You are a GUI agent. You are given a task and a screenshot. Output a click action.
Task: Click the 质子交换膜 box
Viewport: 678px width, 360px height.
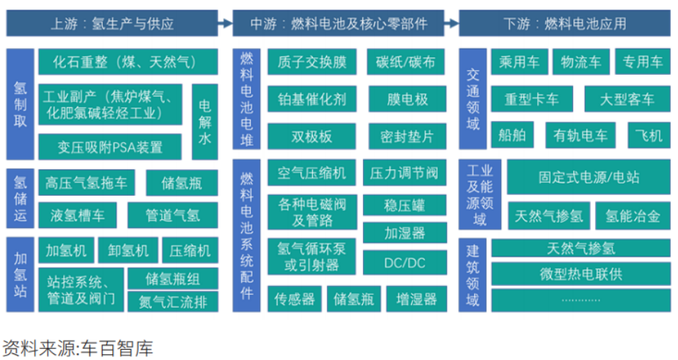pos(312,62)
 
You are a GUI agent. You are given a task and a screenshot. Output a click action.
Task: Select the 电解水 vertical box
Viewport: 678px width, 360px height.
pos(204,122)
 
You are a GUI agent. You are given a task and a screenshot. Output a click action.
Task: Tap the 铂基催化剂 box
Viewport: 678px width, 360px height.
pos(312,99)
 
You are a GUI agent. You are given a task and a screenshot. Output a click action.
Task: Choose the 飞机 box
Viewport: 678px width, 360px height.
pos(649,135)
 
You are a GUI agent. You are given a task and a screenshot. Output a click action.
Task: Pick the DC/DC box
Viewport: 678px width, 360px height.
pos(404,262)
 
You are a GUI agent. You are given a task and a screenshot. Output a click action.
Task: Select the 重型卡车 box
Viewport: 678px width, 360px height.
pos(531,99)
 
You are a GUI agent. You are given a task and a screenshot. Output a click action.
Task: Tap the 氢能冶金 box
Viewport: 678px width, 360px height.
pos(632,216)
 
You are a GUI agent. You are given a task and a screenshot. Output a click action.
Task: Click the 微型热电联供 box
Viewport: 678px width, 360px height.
pos(581,274)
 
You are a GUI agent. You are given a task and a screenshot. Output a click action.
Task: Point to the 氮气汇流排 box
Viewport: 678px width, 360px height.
pos(172,301)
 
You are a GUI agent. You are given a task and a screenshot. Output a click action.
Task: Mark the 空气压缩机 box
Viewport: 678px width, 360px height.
pos(312,173)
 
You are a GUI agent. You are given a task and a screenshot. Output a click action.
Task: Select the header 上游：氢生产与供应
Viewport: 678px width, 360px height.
pos(112,23)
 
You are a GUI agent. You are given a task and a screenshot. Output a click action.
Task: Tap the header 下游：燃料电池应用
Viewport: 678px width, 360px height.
pos(564,23)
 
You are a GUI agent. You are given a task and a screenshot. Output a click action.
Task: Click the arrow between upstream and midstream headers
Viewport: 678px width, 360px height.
pos(225,23)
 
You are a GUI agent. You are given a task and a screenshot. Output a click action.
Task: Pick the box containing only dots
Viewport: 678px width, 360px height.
pos(581,299)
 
